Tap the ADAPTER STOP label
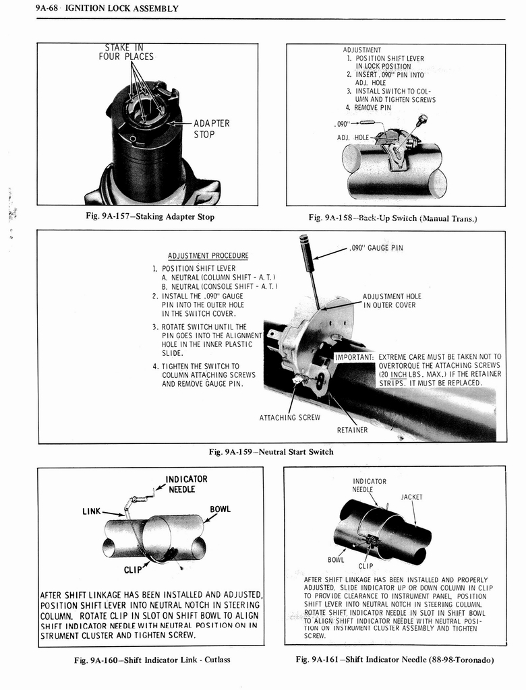pyautogui.click(x=212, y=129)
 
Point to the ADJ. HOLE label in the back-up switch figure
pyautogui.click(x=353, y=137)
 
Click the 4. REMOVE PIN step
pyautogui.click(x=368, y=107)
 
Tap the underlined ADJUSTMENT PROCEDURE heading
pyautogui.click(x=208, y=255)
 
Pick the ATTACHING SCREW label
pyautogui.click(x=290, y=417)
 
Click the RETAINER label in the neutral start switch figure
pyautogui.click(x=352, y=429)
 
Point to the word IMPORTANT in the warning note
pyautogui.click(x=355, y=356)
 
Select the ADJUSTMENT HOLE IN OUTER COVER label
pyautogui.click(x=392, y=301)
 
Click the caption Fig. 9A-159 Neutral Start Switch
pyautogui.click(x=271, y=451)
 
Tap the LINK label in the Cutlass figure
pyautogui.click(x=92, y=511)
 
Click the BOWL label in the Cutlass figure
pyautogui.click(x=220, y=509)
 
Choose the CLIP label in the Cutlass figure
pyautogui.click(x=134, y=569)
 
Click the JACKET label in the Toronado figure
pyautogui.click(x=411, y=497)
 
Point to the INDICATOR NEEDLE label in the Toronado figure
pyautogui.click(x=370, y=485)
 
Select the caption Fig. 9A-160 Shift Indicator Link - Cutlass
pyautogui.click(x=152, y=659)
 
